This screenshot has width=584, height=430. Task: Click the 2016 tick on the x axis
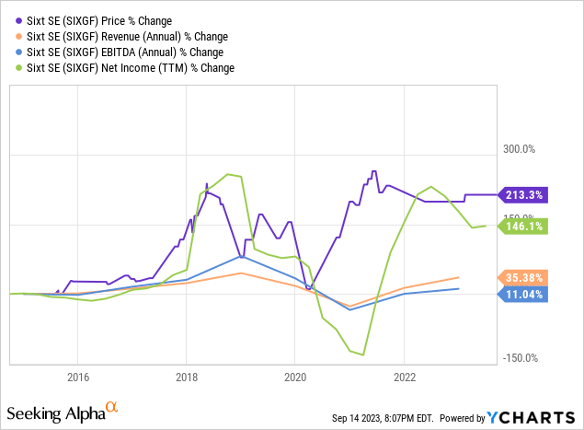[x=77, y=376]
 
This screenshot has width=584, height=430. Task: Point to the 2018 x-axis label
[x=186, y=376]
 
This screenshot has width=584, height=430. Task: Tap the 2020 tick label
[x=294, y=376]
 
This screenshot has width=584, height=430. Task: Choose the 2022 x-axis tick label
[x=404, y=376]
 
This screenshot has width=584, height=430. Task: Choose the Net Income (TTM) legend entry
[x=130, y=67]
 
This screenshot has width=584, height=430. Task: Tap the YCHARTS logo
[x=545, y=417]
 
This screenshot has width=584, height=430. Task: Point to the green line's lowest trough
[x=364, y=354]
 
